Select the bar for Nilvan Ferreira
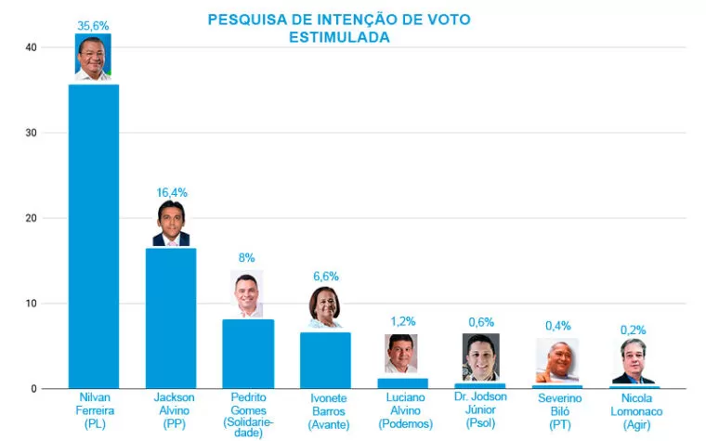coord(94,236)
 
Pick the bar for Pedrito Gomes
coord(248,354)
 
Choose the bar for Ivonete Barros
coord(325,359)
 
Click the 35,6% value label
coord(94,26)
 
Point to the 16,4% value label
coord(171,192)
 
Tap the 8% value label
coord(247,258)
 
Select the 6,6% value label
coord(325,276)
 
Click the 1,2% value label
coord(402,321)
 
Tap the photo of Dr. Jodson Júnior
coord(480,357)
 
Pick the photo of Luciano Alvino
coord(401,354)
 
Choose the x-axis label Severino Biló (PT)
coord(556,410)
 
